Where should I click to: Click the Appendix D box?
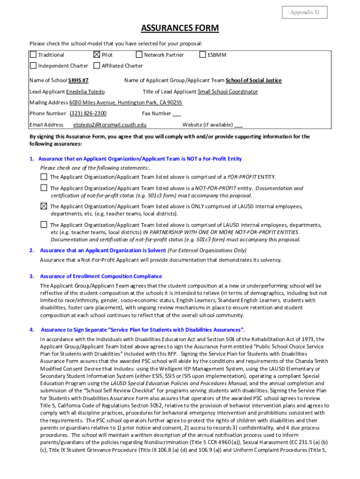coord(304,13)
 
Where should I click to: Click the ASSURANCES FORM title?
coord(180,29)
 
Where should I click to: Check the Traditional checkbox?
coord(33,55)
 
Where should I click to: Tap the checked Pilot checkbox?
coord(97,55)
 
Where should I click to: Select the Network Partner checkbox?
coord(139,55)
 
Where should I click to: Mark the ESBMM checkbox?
coord(203,55)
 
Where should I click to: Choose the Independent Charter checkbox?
coord(33,65)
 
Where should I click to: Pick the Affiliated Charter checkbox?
coord(97,65)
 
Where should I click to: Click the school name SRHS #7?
coord(79,80)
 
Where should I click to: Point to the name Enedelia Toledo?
coord(86,92)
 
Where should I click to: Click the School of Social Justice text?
coord(253,80)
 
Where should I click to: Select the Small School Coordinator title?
coord(228,92)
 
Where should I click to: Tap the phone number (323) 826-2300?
coord(88,114)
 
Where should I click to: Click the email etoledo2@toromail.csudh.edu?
coord(110,125)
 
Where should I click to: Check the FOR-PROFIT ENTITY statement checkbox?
coord(43,177)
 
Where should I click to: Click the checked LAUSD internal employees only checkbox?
coord(43,206)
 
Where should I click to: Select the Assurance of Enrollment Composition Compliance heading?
coord(101,276)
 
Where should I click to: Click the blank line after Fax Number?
coord(177,114)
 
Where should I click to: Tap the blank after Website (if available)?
coord(238,125)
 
